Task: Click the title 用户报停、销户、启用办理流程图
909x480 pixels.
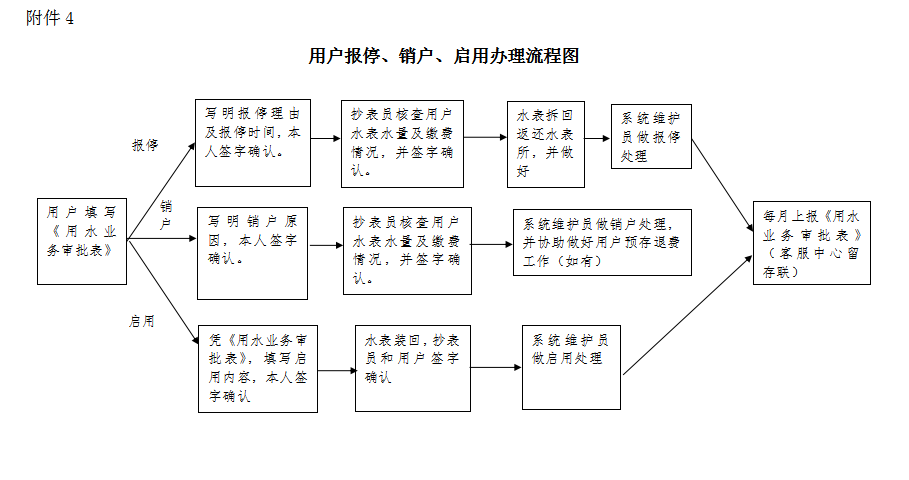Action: tap(444, 57)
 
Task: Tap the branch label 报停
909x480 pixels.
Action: tap(145, 146)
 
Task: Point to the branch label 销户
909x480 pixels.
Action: tap(166, 215)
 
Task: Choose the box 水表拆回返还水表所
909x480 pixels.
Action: tap(545, 143)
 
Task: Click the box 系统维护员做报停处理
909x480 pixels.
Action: tap(651, 136)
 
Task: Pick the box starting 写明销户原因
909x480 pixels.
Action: tap(252, 253)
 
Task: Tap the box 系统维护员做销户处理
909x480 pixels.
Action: tap(601, 242)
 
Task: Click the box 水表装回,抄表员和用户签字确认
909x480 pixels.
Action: tap(412, 367)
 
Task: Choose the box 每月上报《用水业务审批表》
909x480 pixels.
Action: tap(811, 243)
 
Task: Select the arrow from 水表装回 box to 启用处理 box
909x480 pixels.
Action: tap(496, 367)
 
